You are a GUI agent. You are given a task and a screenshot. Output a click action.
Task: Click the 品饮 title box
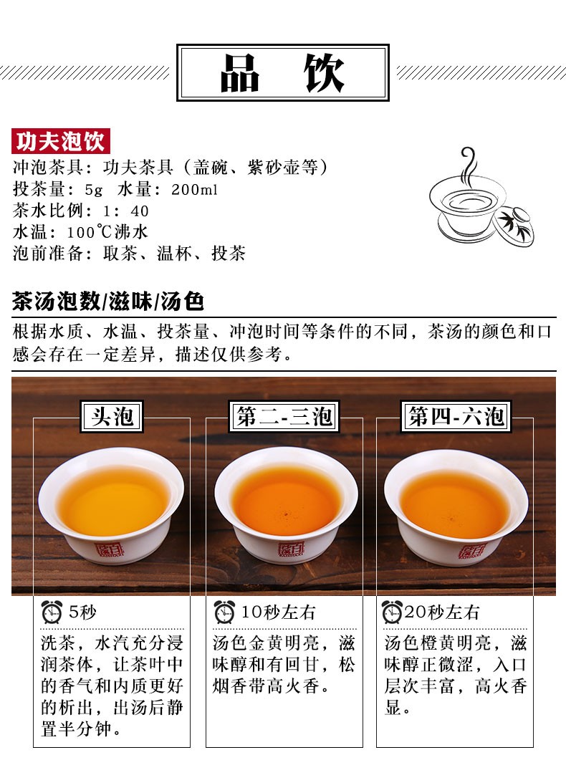pyautogui.click(x=282, y=72)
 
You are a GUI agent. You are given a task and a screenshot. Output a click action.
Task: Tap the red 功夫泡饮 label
pyautogui.click(x=61, y=141)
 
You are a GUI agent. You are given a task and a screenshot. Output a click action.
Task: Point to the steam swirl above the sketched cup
pyautogui.click(x=468, y=167)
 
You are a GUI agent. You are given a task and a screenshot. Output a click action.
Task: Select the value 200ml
pyautogui.click(x=194, y=190)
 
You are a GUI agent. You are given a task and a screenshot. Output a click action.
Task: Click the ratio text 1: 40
pyautogui.click(x=126, y=211)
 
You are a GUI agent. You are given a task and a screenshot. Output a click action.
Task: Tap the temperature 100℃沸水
pyautogui.click(x=107, y=231)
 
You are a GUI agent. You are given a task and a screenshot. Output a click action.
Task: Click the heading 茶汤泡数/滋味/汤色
pyautogui.click(x=107, y=301)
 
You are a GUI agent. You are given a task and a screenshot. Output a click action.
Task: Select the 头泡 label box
pyautogui.click(x=112, y=416)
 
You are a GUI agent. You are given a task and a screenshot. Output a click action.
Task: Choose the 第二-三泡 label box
pyautogui.click(x=284, y=416)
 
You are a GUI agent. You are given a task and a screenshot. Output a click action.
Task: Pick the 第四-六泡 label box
pyautogui.click(x=456, y=416)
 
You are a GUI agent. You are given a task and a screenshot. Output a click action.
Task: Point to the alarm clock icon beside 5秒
pyautogui.click(x=52, y=612)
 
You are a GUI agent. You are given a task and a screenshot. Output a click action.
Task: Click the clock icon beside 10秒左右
pyautogui.click(x=224, y=612)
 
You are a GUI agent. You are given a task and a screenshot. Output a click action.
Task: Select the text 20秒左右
pyautogui.click(x=442, y=612)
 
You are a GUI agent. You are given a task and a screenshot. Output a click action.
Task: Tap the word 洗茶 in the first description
pyautogui.click(x=58, y=643)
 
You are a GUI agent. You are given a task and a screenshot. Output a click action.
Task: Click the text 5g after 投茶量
pyautogui.click(x=94, y=190)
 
